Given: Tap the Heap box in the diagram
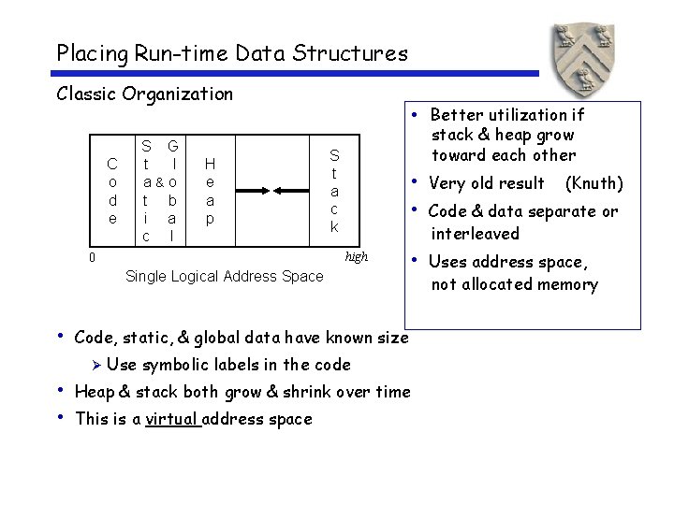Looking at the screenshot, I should coord(210,191).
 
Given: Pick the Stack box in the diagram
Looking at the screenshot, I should coord(334,191).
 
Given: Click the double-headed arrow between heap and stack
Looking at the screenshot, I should coord(272,193).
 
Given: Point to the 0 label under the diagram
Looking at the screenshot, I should coord(91,256).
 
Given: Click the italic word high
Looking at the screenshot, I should coord(357,256).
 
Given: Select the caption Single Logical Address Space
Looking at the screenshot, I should coord(224,276).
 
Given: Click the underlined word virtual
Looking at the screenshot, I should coord(171,419).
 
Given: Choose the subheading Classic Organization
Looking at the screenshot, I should coord(144,94).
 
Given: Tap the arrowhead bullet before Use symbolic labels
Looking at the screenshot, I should coord(95,365).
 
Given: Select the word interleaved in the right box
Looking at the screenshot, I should coord(475,234).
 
